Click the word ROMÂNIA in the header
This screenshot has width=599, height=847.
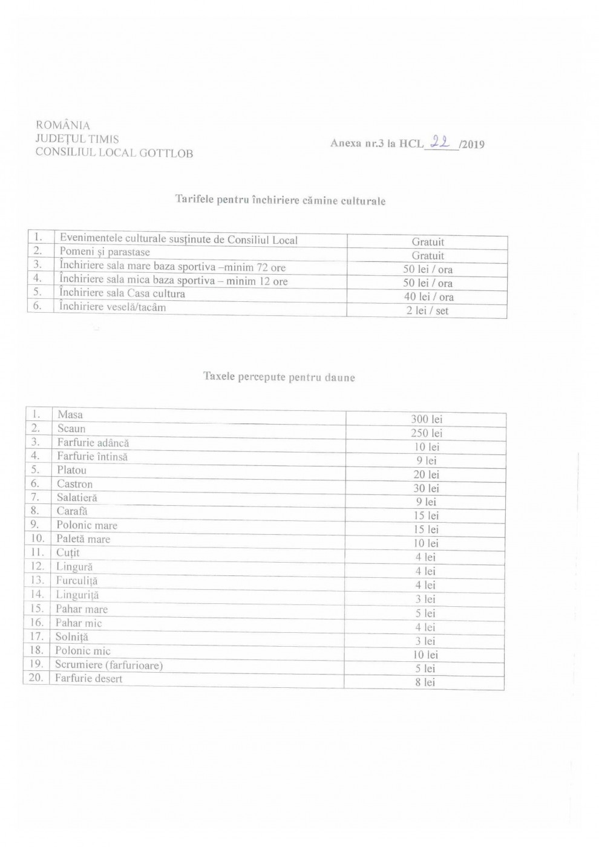[x=63, y=125]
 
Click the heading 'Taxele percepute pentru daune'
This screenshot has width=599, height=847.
[x=279, y=378]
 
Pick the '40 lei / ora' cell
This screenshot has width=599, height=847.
[x=428, y=296]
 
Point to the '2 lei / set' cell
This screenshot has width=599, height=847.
[x=428, y=311]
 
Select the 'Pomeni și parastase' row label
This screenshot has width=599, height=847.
[x=105, y=252]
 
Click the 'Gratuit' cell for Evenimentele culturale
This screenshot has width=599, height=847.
[x=428, y=242]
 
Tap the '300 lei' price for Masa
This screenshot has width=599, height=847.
[x=427, y=419]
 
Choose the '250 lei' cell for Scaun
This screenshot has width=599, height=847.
[x=427, y=433]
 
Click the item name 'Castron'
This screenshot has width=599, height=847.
[x=75, y=484]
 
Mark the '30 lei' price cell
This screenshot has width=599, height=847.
[x=426, y=488]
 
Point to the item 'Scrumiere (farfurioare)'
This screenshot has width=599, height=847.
[x=109, y=665]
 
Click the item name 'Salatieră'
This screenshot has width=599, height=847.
[x=77, y=498]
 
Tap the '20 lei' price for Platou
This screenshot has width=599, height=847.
[x=426, y=474]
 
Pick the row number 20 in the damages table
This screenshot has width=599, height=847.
[x=36, y=678]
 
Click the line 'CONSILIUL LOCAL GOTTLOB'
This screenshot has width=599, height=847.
[x=114, y=153]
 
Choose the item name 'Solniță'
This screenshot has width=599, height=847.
[x=72, y=637]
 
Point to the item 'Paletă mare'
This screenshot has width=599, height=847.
[x=83, y=539]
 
